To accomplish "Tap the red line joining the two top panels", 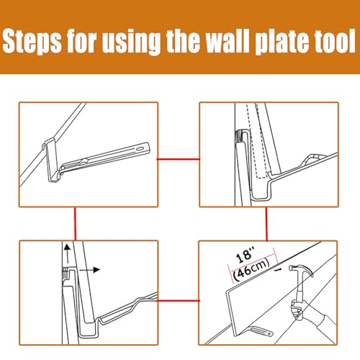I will pos(178,157).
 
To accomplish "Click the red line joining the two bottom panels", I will pos(178,296).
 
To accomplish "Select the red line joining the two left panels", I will pos(74,224).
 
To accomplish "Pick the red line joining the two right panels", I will pos(266,224).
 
